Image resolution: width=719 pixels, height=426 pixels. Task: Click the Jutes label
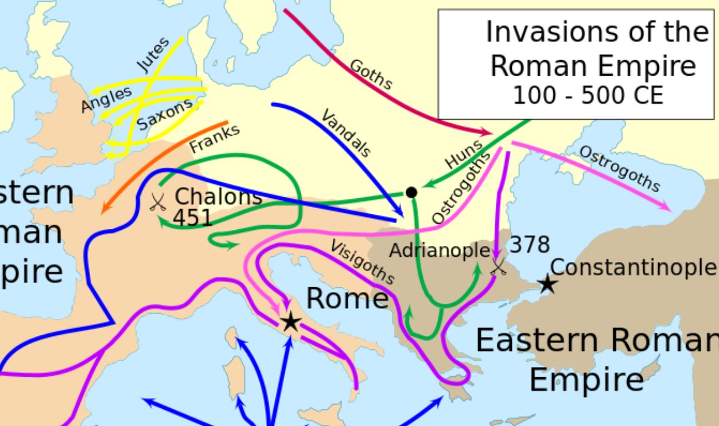pyautogui.click(x=154, y=54)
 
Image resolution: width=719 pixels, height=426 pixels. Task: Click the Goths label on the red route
pyautogui.click(x=371, y=75)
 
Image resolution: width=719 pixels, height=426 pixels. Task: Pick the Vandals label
pyautogui.click(x=345, y=133)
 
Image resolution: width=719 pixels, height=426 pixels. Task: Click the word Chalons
pyautogui.click(x=218, y=197)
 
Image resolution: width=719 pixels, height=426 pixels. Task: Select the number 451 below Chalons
pyautogui.click(x=193, y=218)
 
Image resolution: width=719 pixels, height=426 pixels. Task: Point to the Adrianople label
pyautogui.click(x=440, y=251)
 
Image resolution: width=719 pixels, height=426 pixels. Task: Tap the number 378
pyautogui.click(x=530, y=245)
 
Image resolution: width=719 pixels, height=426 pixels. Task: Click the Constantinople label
pyautogui.click(x=633, y=267)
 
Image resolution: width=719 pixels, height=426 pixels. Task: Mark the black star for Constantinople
pyautogui.click(x=547, y=283)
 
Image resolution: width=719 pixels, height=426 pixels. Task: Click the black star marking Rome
pyautogui.click(x=291, y=322)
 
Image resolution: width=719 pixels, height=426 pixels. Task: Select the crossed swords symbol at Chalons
pyautogui.click(x=157, y=202)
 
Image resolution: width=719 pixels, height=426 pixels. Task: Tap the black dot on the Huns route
pyautogui.click(x=411, y=192)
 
